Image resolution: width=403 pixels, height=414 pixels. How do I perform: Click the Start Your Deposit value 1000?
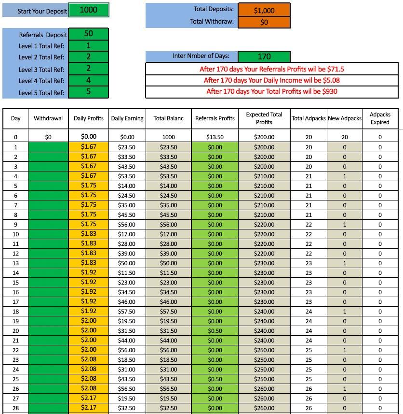point(88,10)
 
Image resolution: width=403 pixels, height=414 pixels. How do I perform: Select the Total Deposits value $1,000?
point(264,10)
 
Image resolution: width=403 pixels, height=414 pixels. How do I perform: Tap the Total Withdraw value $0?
point(264,22)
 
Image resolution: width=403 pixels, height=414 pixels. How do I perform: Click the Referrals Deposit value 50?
point(88,34)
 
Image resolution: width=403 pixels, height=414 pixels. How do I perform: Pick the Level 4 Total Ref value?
point(88,80)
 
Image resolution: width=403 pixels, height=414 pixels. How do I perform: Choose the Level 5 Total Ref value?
point(88,92)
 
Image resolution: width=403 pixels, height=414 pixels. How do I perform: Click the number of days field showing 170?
point(264,57)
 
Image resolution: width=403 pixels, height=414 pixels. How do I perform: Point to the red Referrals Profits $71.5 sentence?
point(272,69)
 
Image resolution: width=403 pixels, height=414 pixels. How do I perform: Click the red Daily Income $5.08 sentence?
point(272,80)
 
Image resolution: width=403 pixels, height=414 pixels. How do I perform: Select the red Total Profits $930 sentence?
point(272,91)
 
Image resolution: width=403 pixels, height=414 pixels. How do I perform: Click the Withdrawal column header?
point(48,118)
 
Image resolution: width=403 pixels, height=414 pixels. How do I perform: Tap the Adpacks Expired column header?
point(380,118)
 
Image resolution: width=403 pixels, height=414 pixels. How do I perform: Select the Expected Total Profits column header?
point(264,118)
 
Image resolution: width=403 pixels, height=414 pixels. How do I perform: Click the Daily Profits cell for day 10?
point(89,234)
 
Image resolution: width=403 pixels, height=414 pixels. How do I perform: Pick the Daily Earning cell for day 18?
point(127,312)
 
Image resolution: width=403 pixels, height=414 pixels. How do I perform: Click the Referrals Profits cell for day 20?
point(215,331)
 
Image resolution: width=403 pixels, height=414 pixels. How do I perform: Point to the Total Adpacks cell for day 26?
point(309,389)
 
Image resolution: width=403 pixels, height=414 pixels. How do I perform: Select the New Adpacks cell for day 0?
point(344,137)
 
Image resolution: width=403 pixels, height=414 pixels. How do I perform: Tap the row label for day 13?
point(16,263)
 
